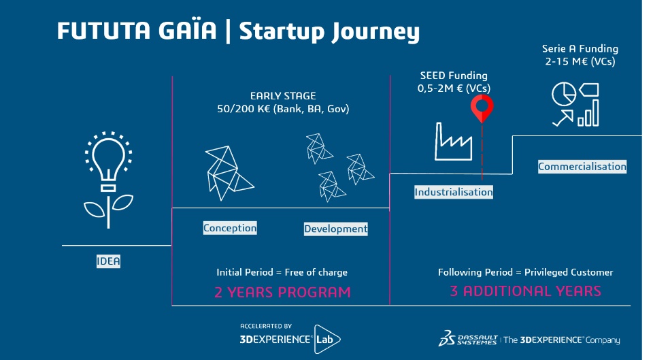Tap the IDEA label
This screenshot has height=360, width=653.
click(108, 261)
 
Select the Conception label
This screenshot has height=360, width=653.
click(230, 228)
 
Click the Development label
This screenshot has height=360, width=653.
click(335, 229)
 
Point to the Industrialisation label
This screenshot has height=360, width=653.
click(454, 193)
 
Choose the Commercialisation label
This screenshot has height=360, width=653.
click(582, 167)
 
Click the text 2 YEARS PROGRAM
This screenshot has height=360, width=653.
click(282, 293)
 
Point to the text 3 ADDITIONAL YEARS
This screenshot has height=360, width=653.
click(525, 291)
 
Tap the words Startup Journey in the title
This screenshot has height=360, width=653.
click(329, 32)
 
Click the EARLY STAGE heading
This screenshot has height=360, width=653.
click(283, 96)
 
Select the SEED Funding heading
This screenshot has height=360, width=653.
click(454, 76)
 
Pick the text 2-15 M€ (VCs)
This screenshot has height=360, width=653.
click(580, 61)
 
